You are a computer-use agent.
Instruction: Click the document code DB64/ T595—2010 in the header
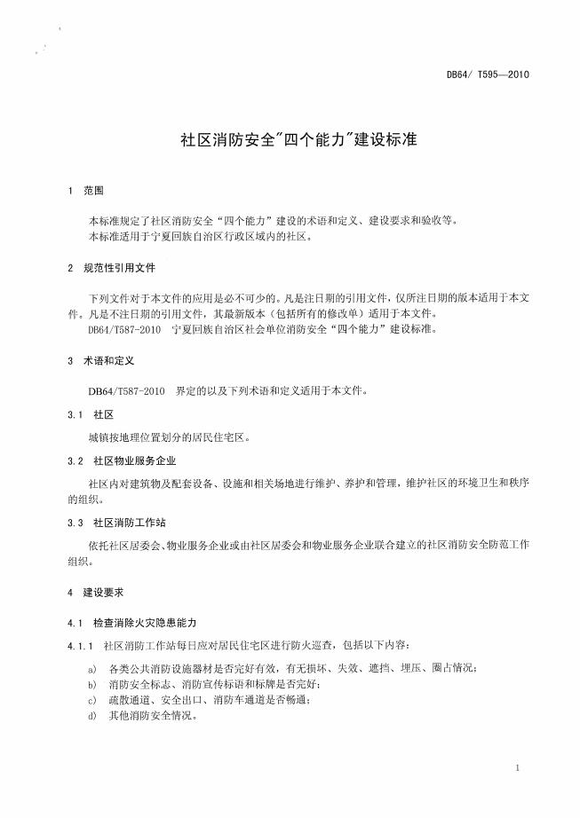488,75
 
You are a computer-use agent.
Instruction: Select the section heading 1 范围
86,191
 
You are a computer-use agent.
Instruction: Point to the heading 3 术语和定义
99,362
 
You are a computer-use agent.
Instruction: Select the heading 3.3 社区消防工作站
116,523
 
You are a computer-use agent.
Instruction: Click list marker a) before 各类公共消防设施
92,668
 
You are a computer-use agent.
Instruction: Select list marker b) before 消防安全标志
92,684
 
